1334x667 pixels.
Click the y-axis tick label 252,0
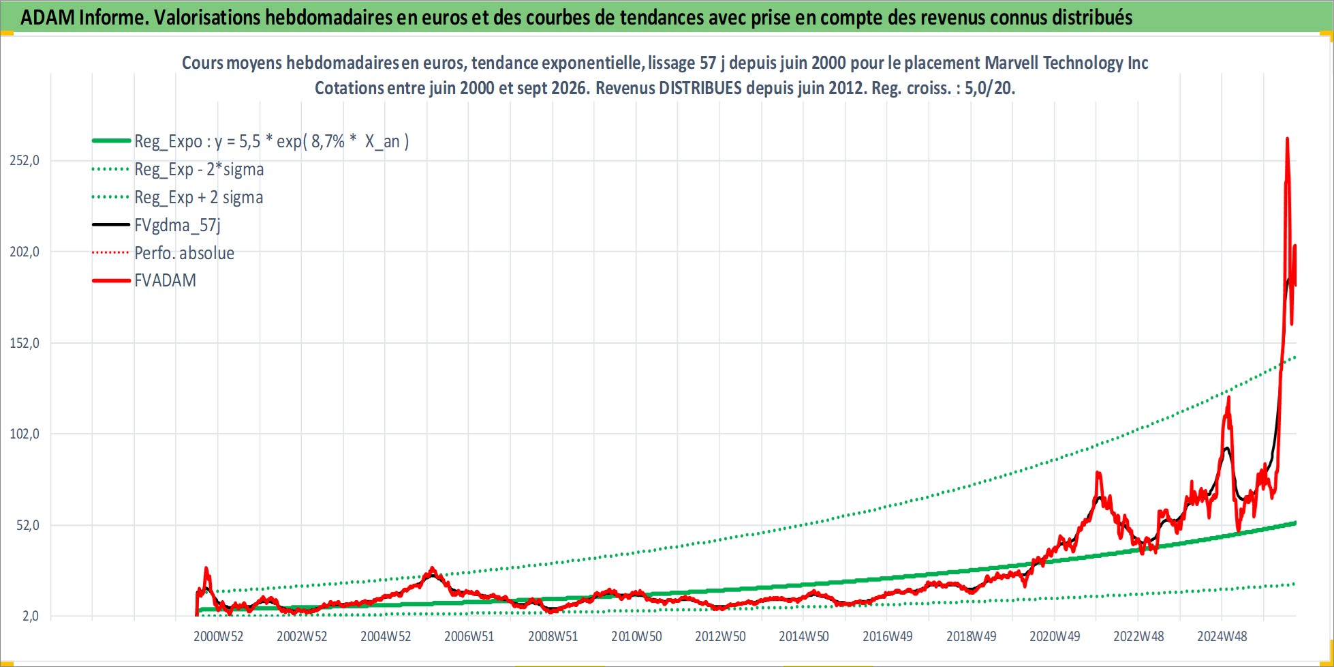[25, 160]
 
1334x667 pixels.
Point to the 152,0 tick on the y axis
[25, 343]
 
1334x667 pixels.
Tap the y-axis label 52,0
[28, 525]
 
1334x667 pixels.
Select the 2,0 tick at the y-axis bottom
[31, 616]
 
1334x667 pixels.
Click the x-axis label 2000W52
[218, 636]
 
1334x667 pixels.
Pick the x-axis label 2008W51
[553, 636]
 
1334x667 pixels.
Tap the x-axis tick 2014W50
[804, 636]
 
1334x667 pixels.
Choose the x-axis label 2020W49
[1055, 636]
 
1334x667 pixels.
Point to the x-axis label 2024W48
[1222, 636]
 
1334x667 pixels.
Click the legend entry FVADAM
[165, 280]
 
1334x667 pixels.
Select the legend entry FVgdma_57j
[177, 225]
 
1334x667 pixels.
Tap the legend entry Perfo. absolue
[184, 253]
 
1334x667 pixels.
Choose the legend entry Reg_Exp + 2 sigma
[198, 197]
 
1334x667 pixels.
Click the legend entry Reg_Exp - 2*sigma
[199, 169]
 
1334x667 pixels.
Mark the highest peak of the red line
[1287, 138]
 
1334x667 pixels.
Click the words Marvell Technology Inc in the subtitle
[1066, 63]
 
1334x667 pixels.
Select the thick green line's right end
[1294, 523]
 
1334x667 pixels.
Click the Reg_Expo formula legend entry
[271, 141]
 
